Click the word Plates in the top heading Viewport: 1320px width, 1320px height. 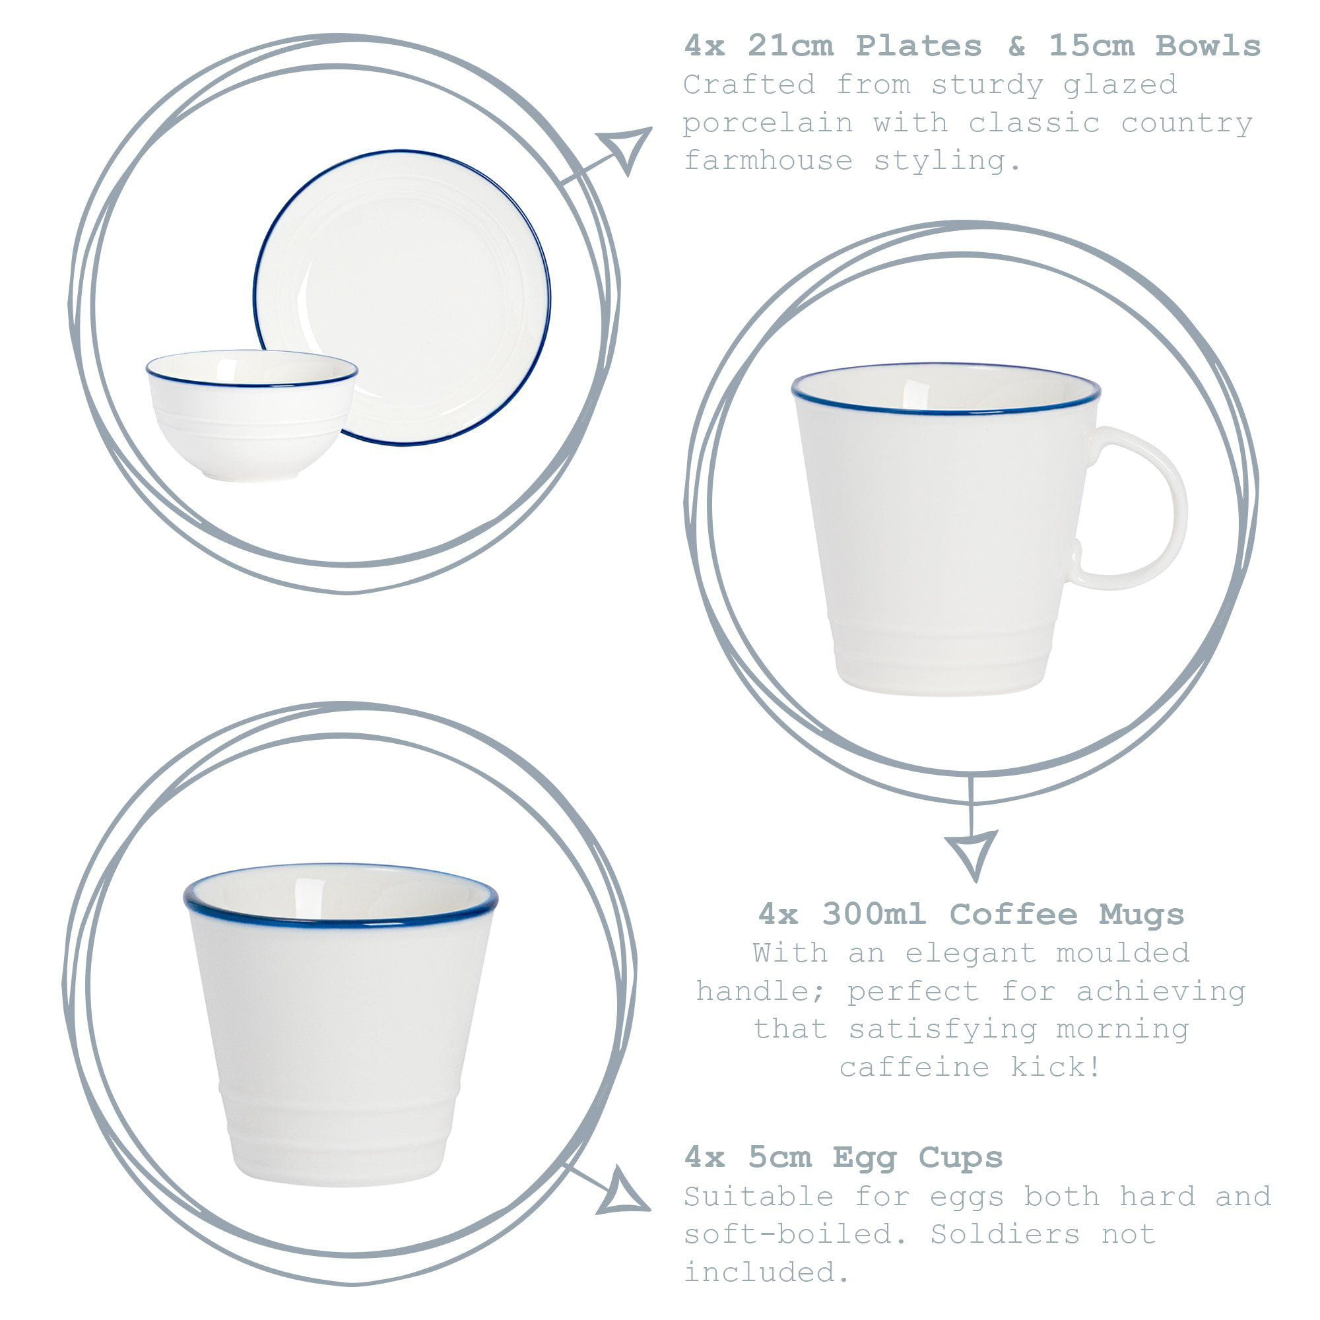click(918, 46)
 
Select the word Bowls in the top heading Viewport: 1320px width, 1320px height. click(1208, 46)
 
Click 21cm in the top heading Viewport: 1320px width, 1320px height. click(790, 46)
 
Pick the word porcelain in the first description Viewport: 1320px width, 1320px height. click(768, 123)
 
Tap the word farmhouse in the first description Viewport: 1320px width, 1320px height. click(768, 161)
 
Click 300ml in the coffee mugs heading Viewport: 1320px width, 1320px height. click(874, 914)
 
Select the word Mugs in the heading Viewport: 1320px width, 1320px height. click(1142, 914)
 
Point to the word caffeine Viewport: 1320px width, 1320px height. click(914, 1067)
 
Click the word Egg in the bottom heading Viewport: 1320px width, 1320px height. click(865, 1158)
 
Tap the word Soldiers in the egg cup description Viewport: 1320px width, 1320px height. click(1005, 1234)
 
